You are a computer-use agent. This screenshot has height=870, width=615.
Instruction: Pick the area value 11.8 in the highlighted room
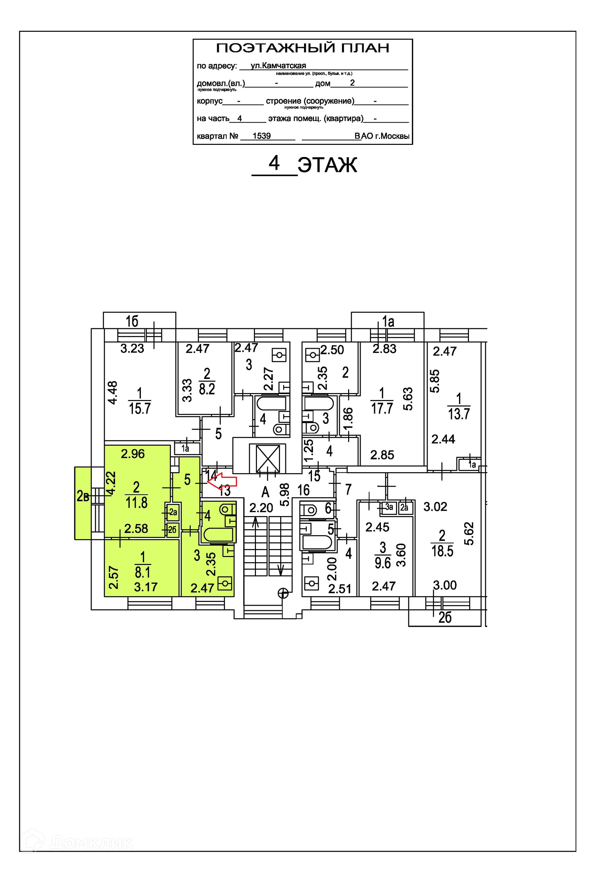click(136, 503)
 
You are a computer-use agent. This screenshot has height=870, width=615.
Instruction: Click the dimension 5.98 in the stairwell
click(285, 494)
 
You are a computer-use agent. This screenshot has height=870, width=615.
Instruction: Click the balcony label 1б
click(132, 321)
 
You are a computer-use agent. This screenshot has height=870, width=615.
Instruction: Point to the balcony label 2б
click(445, 618)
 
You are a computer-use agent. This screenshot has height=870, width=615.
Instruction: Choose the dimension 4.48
click(112, 393)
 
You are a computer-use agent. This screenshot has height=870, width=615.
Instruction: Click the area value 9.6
click(383, 563)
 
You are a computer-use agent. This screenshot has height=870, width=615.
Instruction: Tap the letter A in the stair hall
click(265, 492)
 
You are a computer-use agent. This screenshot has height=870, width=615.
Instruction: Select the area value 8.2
click(207, 389)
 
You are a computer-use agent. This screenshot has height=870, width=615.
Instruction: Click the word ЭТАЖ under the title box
click(327, 165)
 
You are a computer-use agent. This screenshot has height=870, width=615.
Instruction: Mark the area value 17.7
click(382, 408)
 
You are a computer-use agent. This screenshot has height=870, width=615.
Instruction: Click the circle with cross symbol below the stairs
click(283, 593)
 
